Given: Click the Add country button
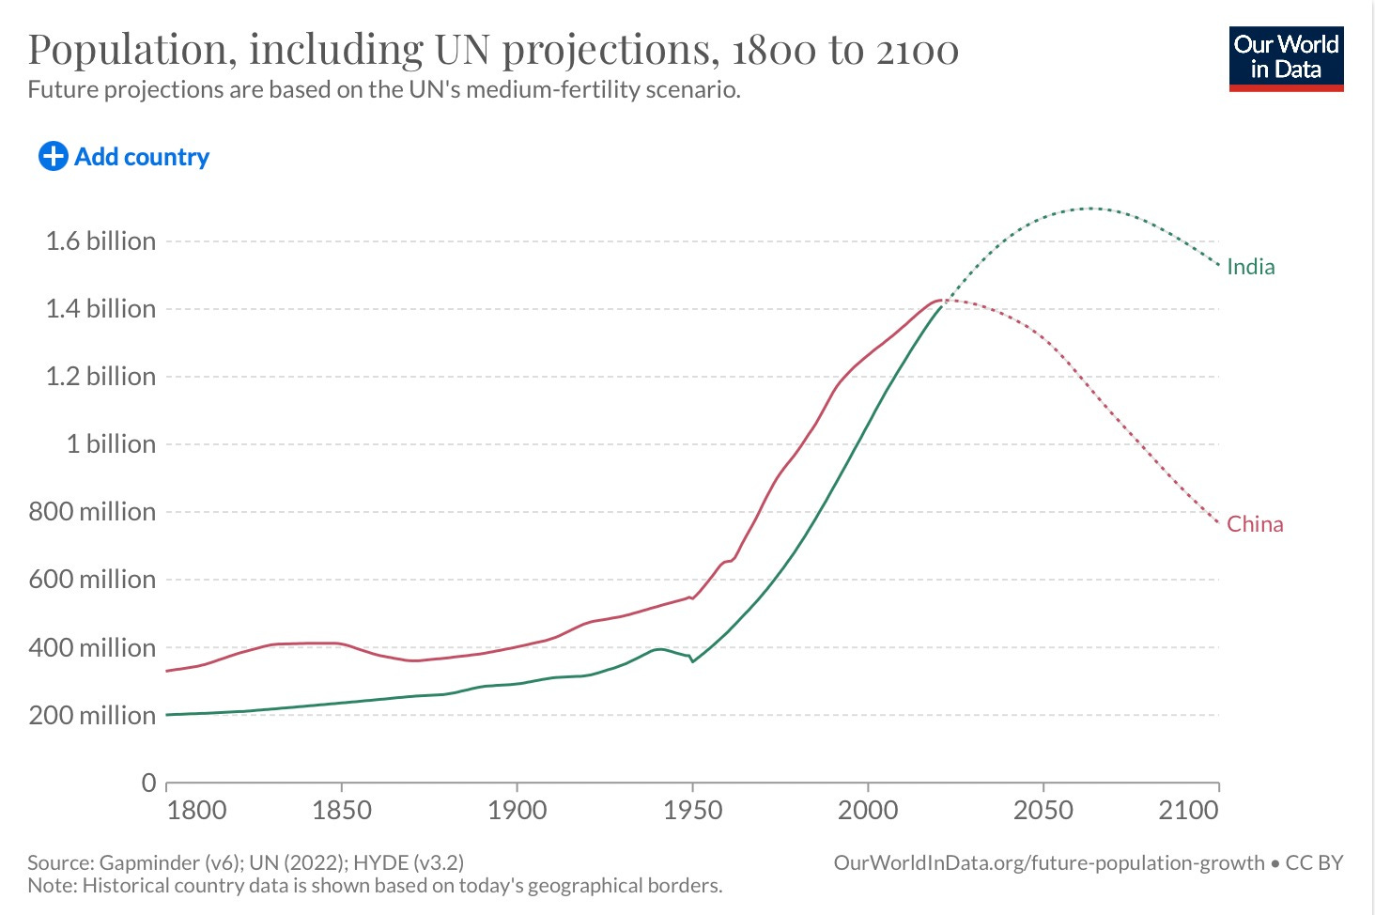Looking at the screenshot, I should coord(124,157).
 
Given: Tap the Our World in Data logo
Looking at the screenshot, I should coord(1286,58).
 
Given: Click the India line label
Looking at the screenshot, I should coord(1250,267).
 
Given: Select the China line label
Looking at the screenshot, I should coord(1254,524).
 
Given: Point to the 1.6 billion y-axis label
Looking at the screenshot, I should coord(100,241).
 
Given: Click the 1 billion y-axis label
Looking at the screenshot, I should coord(111,444).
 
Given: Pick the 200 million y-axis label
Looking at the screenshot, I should coord(92,716).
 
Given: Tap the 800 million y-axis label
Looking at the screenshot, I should coord(92,512).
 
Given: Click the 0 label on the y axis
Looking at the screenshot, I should coord(148,783).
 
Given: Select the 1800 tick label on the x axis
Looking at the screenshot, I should coord(196,810).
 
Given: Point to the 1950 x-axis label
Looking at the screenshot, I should coord(692,810).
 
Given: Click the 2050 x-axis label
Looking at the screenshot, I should coord(1043,810).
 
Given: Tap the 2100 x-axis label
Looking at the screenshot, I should coord(1188,810).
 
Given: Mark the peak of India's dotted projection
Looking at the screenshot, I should coord(1089,208).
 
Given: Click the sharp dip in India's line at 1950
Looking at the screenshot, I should coord(693,661).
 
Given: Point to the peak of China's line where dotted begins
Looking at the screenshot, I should coord(940,301).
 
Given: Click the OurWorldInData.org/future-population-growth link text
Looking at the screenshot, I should coord(1048,862).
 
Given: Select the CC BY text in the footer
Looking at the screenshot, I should coord(1314,862).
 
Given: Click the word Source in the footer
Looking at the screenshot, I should coord(59,862).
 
